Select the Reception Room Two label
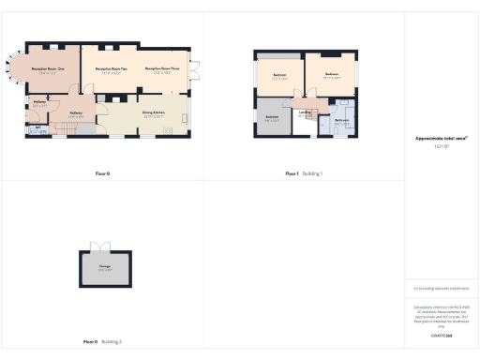(111, 69)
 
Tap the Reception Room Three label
(163, 69)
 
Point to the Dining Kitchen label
(154, 113)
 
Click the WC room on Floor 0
(37, 131)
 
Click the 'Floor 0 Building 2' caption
(102, 341)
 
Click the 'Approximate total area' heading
(441, 138)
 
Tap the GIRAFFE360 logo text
(441, 335)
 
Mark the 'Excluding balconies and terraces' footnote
(441, 287)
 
